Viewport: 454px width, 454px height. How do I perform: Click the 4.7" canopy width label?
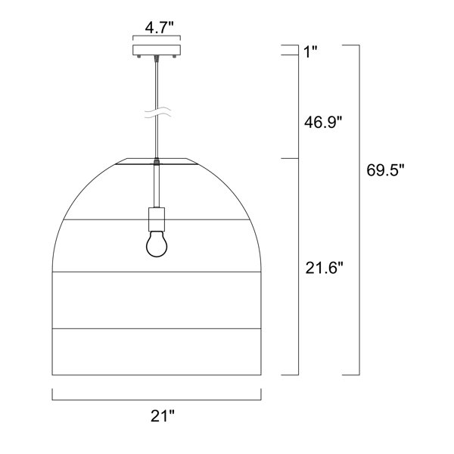pyautogui.click(x=159, y=28)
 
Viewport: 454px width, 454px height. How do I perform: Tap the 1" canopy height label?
pyautogui.click(x=310, y=52)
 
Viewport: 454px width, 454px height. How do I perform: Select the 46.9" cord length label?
pyautogui.click(x=323, y=122)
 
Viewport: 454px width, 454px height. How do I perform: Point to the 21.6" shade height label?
pyautogui.click(x=324, y=268)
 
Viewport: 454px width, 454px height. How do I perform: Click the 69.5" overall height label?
pyautogui.click(x=385, y=170)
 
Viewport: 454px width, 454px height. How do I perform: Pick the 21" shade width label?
pyautogui.click(x=162, y=416)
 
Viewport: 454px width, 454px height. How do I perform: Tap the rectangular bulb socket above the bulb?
pyautogui.click(x=157, y=219)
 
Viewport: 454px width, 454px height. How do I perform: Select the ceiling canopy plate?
pyautogui.click(x=157, y=50)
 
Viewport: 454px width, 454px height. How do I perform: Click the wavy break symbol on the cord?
pyautogui.click(x=158, y=112)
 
